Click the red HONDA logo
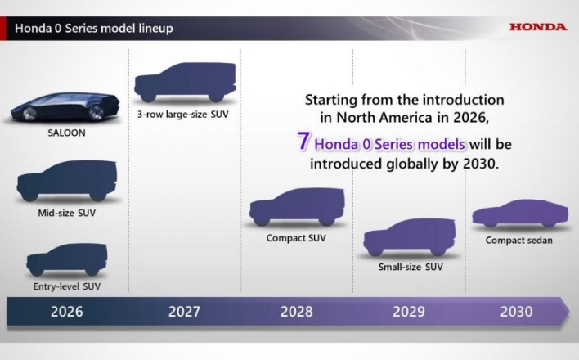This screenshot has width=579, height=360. click(x=538, y=27)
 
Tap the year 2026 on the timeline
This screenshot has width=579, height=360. click(x=67, y=312)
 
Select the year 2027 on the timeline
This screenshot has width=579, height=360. click(x=184, y=312)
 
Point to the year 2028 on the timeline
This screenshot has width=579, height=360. click(x=297, y=312)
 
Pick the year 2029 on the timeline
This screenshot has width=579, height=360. click(x=409, y=312)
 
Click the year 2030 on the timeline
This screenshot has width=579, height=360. click(x=516, y=312)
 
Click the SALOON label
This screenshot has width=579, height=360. click(x=66, y=133)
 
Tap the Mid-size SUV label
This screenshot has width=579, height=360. click(x=67, y=213)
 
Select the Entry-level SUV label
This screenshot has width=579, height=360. click(x=67, y=286)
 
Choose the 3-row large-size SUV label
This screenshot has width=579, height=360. click(x=183, y=115)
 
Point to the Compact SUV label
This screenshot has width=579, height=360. click(x=296, y=238)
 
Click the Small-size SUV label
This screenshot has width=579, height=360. click(x=411, y=267)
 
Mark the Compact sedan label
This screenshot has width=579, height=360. click(x=518, y=241)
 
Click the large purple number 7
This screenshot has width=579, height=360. click(x=303, y=141)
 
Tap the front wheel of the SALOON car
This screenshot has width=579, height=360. click(x=29, y=114)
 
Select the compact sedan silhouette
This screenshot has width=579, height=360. click(x=520, y=214)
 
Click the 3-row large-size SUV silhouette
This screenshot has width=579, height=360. click(x=185, y=82)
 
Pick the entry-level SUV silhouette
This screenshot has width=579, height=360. click(x=67, y=259)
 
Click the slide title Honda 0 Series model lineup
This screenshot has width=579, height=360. click(x=94, y=28)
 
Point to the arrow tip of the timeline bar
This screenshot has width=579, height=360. click(x=569, y=311)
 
